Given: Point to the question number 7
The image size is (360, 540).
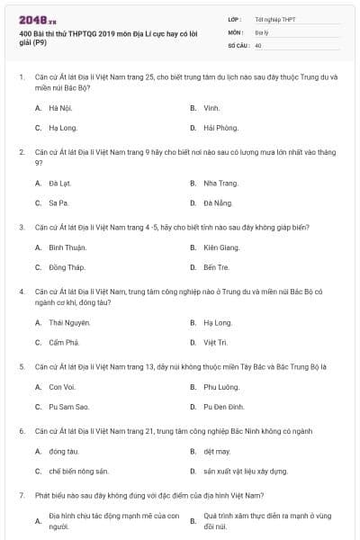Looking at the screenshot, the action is [22, 495].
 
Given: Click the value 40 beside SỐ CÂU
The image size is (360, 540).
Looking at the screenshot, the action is [258, 45].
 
